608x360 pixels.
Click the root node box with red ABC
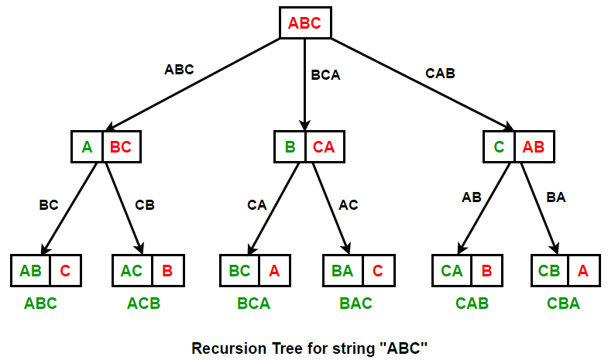(304, 22)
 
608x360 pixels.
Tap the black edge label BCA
(325, 76)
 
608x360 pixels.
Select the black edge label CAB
(440, 74)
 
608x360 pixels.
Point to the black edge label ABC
(179, 69)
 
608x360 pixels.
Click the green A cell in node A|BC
(87, 146)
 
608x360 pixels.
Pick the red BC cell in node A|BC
(121, 146)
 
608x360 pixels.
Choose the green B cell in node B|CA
(290, 146)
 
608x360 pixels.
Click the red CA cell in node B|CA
(324, 146)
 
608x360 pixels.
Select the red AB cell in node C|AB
(534, 146)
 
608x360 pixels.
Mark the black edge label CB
(145, 205)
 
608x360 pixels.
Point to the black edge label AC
(349, 205)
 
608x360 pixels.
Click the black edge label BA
(555, 197)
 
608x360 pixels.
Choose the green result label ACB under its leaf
(143, 303)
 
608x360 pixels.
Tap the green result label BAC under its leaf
(356, 303)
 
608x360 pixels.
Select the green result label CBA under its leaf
(563, 303)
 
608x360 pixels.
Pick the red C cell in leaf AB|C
(65, 271)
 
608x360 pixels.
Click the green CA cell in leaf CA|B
(452, 271)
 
